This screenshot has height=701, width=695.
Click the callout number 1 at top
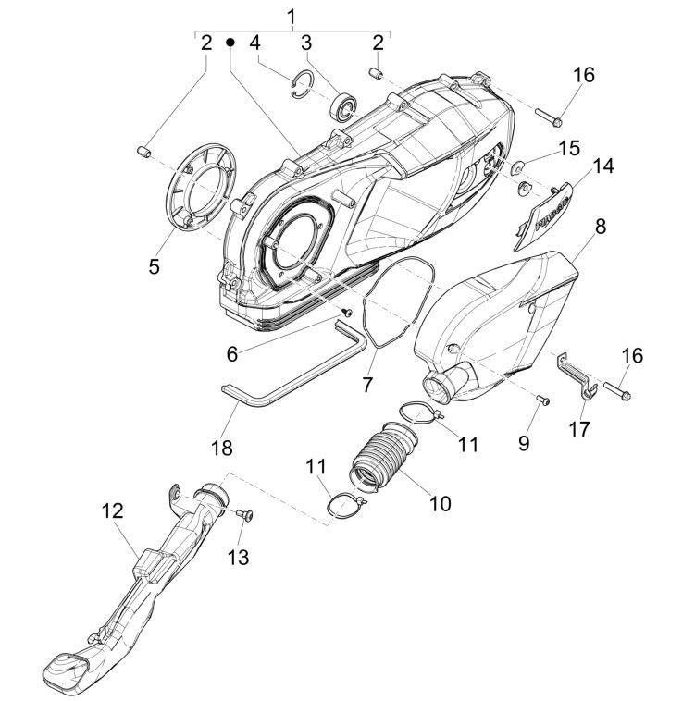click(x=292, y=16)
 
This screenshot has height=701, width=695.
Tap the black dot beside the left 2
click(x=230, y=43)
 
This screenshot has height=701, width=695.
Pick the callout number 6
click(x=232, y=353)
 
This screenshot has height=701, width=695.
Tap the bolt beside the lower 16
click(x=221, y=448)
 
